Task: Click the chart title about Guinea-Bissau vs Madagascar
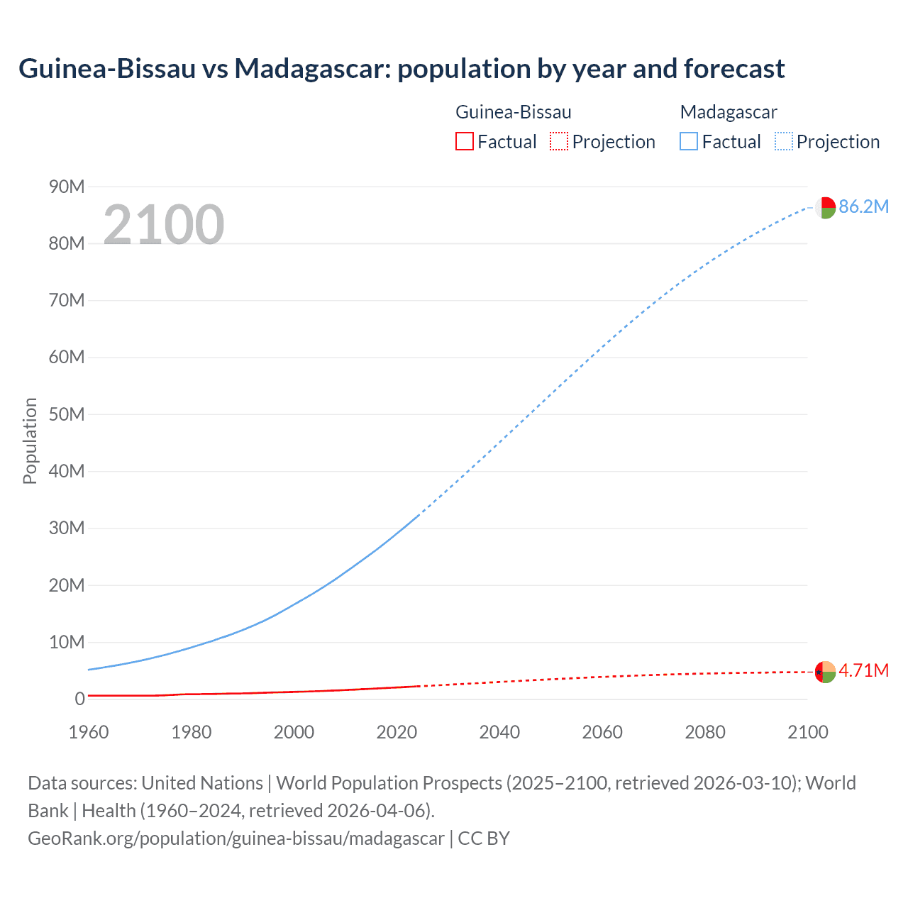(x=401, y=69)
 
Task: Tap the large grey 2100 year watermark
(x=164, y=225)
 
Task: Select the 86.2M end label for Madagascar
(x=863, y=206)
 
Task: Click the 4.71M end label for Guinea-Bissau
(x=863, y=670)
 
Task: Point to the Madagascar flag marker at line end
(x=825, y=208)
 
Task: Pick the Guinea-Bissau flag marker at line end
(x=825, y=672)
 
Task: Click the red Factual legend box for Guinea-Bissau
(x=464, y=142)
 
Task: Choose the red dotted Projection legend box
(x=559, y=142)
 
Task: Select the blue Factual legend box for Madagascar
(x=688, y=142)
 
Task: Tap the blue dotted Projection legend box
(x=783, y=142)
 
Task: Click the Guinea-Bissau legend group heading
(x=513, y=112)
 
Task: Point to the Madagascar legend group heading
(x=728, y=112)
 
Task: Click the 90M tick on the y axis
(x=67, y=187)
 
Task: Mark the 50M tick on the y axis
(x=67, y=414)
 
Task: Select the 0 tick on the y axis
(x=79, y=699)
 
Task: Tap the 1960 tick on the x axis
(x=89, y=732)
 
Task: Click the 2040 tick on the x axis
(x=499, y=732)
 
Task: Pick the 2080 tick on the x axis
(x=705, y=732)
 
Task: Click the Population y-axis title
(x=30, y=441)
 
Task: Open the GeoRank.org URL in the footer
(x=236, y=838)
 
